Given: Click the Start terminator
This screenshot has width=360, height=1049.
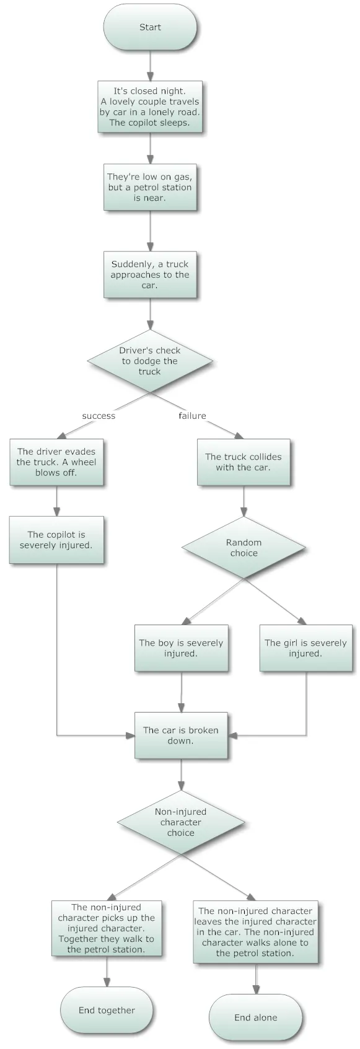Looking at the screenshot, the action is pyautogui.click(x=150, y=27).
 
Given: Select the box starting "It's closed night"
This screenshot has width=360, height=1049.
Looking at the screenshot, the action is pyautogui.click(x=150, y=107).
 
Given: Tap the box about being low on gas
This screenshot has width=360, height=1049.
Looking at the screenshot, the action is pyautogui.click(x=150, y=187).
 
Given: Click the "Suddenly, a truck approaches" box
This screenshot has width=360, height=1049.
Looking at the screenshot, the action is pyautogui.click(x=150, y=274).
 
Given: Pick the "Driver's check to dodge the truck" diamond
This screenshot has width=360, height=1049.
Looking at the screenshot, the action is pyautogui.click(x=150, y=361).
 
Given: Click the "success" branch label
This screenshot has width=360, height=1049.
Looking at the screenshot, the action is pyautogui.click(x=99, y=416).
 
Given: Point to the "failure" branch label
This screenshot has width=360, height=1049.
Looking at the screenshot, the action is pyautogui.click(x=193, y=416).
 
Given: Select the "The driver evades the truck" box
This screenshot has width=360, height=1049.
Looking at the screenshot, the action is pyautogui.click(x=56, y=462).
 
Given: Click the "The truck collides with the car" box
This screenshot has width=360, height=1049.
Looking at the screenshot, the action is pyautogui.click(x=244, y=462).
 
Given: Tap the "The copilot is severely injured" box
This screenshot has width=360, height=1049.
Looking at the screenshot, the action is pyautogui.click(x=56, y=540).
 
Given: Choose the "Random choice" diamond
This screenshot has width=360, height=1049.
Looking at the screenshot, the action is pyautogui.click(x=244, y=548).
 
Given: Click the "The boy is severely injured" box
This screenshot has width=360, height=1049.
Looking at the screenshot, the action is pyautogui.click(x=181, y=648).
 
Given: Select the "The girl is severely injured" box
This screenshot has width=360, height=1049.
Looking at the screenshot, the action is pyautogui.click(x=305, y=648).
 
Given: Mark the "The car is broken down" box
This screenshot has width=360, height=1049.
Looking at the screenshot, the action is pyautogui.click(x=181, y=735).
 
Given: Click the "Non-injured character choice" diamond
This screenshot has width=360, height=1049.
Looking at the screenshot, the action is pyautogui.click(x=181, y=822).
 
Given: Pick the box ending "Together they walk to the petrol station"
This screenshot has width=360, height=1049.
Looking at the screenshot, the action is pyautogui.click(x=107, y=928).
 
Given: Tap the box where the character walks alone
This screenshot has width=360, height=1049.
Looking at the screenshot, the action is pyautogui.click(x=256, y=932).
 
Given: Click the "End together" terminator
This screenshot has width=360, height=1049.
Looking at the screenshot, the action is pyautogui.click(x=107, y=1010).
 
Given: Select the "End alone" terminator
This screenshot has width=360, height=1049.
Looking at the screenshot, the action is pyautogui.click(x=256, y=1017).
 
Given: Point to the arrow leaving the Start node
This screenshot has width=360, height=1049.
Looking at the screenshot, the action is pyautogui.click(x=150, y=66).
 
